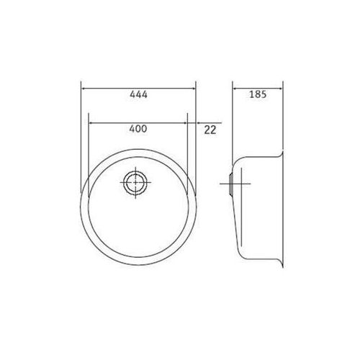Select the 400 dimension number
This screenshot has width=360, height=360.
[x=138, y=129]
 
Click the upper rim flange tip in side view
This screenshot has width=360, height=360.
[x=281, y=153]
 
